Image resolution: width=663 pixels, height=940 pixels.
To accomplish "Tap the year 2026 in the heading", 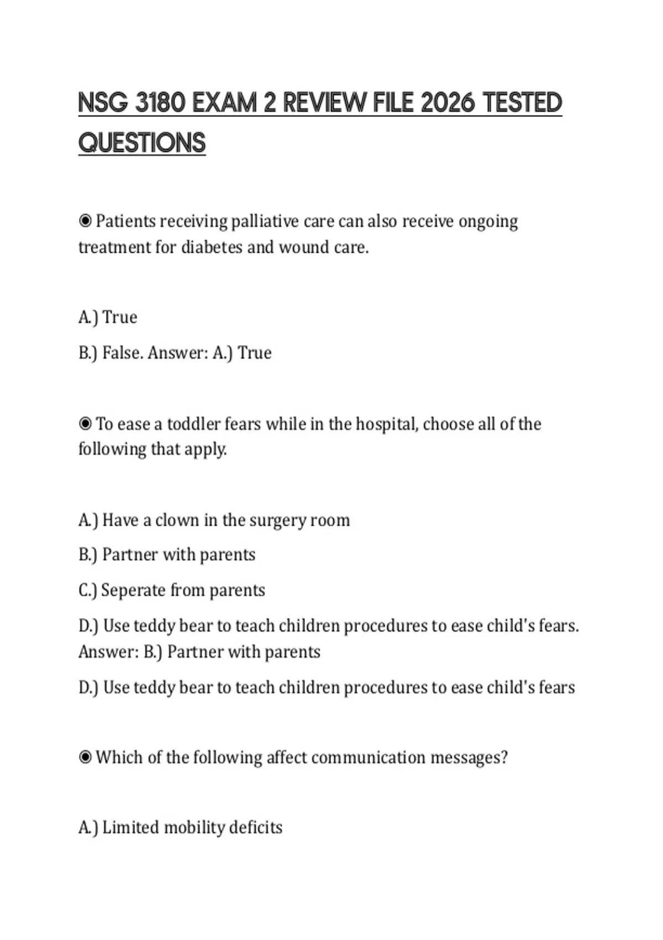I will [x=447, y=103].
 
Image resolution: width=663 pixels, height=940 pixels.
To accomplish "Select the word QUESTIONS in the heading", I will [x=142, y=143].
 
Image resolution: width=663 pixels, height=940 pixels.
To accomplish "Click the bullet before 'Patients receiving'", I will [x=85, y=221].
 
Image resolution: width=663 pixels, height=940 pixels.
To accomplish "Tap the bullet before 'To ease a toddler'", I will [x=85, y=424].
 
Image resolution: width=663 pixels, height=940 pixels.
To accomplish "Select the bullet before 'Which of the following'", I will [x=85, y=757].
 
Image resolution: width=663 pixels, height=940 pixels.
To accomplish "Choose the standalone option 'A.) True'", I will [x=108, y=317].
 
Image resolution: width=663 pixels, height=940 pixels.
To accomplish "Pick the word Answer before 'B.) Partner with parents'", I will [x=108, y=652].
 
